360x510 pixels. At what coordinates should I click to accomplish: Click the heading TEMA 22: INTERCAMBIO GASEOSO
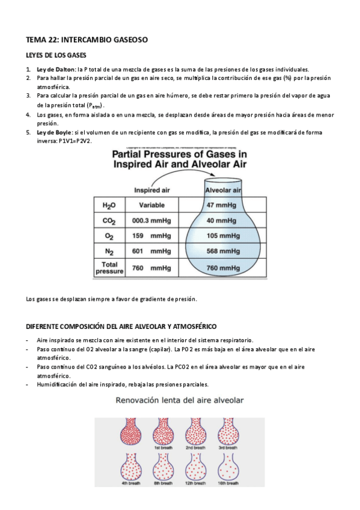pos(87,40)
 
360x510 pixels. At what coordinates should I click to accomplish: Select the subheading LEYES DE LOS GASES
pos(56,55)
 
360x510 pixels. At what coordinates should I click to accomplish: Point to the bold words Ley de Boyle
pos(54,132)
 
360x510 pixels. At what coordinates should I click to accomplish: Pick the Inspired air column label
pos(151,191)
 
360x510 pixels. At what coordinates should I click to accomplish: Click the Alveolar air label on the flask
pos(224,191)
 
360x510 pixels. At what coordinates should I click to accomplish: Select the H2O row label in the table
pos(109,205)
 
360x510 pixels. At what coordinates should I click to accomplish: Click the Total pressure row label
pos(109,268)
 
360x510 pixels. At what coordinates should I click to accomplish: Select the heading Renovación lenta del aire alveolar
pos(180,399)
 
